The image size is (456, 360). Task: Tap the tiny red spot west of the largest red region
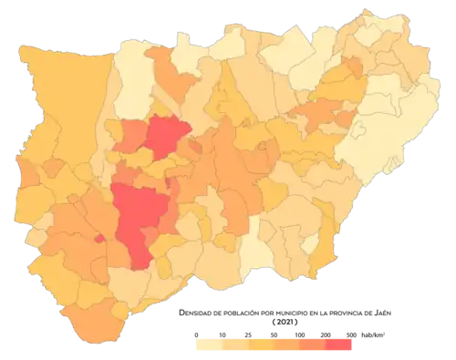[99, 239]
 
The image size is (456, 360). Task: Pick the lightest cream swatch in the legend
[205, 346]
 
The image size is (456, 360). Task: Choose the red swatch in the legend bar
[341, 346]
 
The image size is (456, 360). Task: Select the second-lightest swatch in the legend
[233, 346]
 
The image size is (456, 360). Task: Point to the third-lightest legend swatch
[260, 346]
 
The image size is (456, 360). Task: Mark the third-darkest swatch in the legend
[287, 346]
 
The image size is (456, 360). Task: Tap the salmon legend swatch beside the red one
[315, 346]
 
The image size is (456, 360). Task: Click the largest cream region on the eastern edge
[383, 137]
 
